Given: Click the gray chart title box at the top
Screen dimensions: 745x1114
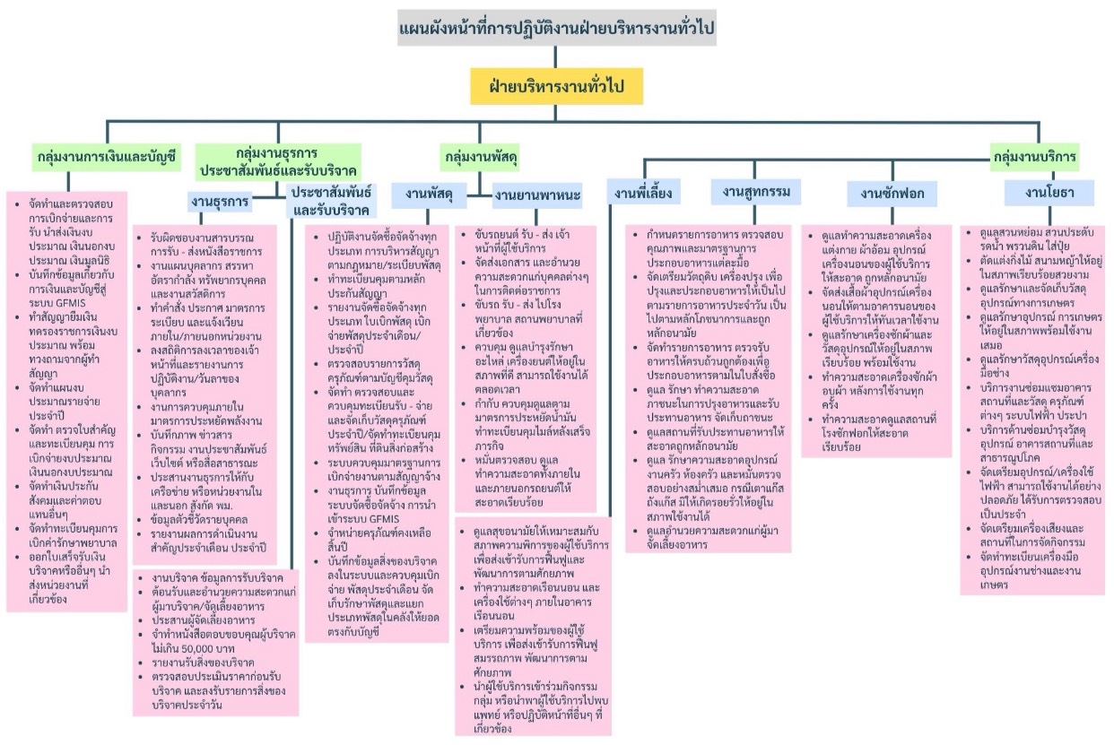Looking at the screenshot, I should tap(556, 30).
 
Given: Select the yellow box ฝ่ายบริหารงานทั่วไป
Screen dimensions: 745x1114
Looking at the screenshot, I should tap(558, 87).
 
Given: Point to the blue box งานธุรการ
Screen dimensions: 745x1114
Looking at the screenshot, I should tap(219, 201).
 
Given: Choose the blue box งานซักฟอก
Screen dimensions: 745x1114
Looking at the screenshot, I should tap(892, 193).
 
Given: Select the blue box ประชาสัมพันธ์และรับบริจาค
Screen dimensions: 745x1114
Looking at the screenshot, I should tap(331, 201).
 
